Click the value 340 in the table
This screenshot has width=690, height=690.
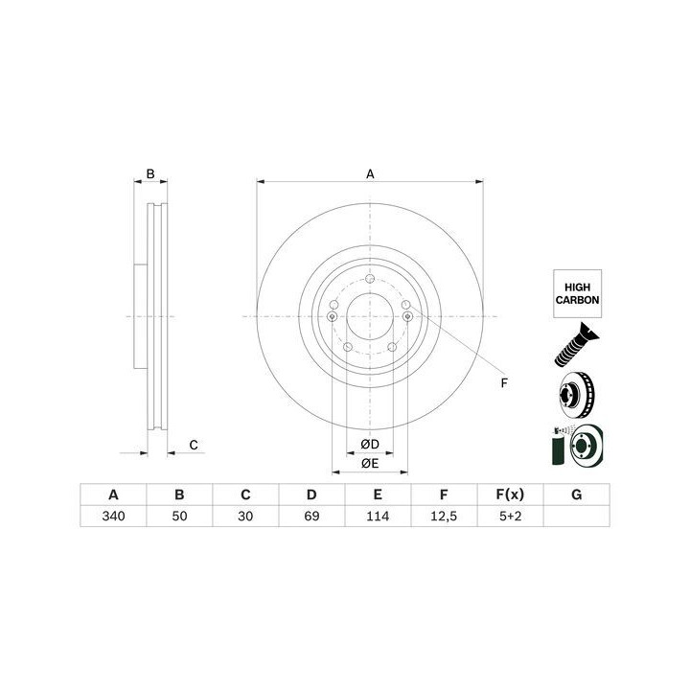[x=113, y=516]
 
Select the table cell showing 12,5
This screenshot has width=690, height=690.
[x=444, y=516]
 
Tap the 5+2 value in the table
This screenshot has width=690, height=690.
[x=511, y=516]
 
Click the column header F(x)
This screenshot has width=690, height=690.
[x=511, y=494]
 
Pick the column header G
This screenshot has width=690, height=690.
[x=577, y=494]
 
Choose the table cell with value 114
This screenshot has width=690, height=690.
[x=378, y=516]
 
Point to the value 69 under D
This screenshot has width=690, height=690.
[x=311, y=516]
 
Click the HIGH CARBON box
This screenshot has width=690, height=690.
[x=577, y=293]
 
